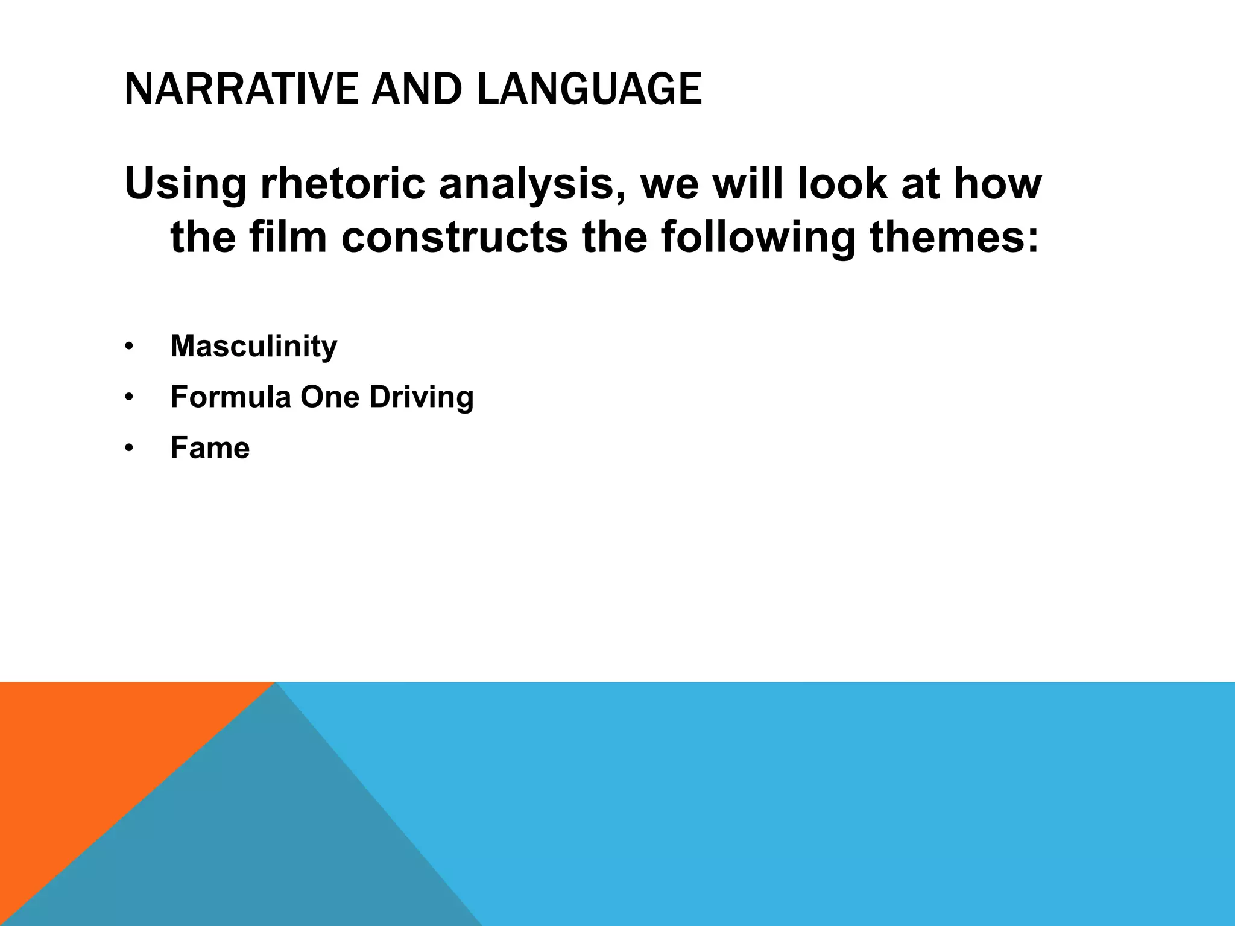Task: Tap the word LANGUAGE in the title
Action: [x=589, y=89]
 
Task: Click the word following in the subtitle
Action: [x=758, y=238]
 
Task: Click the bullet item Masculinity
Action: [x=253, y=346]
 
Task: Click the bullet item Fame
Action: [x=210, y=448]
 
